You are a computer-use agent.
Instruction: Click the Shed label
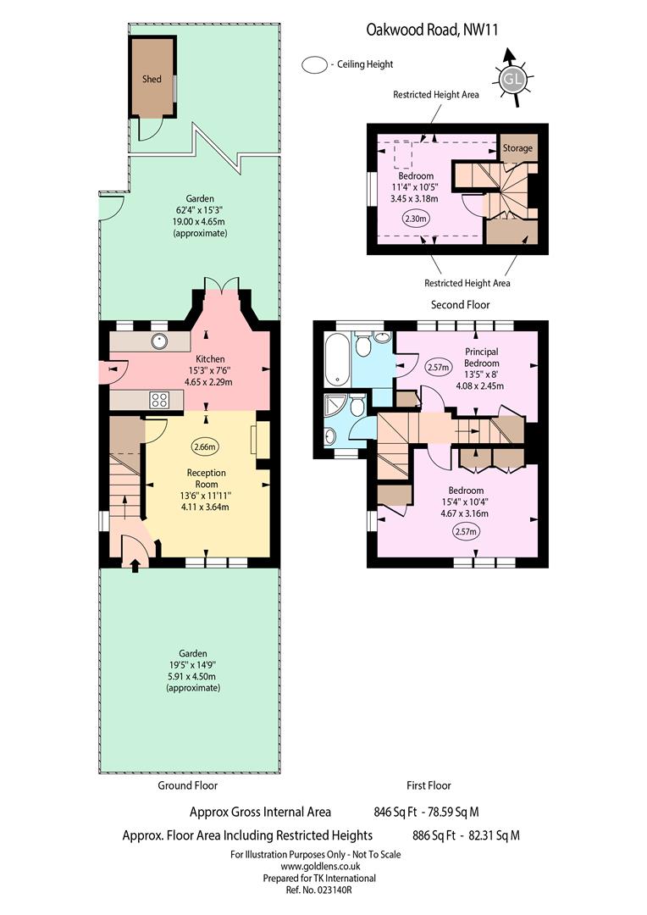tap(152, 79)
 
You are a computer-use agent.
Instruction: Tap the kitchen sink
tap(159, 341)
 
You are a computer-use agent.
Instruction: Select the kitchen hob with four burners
tap(159, 400)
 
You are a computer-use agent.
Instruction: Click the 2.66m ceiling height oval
tap(205, 447)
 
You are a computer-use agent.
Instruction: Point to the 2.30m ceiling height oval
tap(416, 219)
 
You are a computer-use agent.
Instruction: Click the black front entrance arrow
tap(135, 565)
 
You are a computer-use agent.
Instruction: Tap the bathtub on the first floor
tap(337, 358)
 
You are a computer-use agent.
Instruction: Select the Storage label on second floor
tap(517, 148)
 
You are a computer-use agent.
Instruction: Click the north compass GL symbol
tap(512, 78)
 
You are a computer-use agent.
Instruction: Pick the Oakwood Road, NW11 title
tap(432, 30)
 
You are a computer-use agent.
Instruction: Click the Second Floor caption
tap(461, 305)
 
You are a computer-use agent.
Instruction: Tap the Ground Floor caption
tap(187, 785)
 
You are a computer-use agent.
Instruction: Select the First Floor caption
tap(429, 785)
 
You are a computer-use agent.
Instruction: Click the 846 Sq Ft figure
tap(395, 812)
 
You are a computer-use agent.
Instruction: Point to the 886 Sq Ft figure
tap(434, 835)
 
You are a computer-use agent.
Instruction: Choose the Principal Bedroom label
tap(481, 358)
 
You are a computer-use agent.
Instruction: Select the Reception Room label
tap(207, 479)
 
